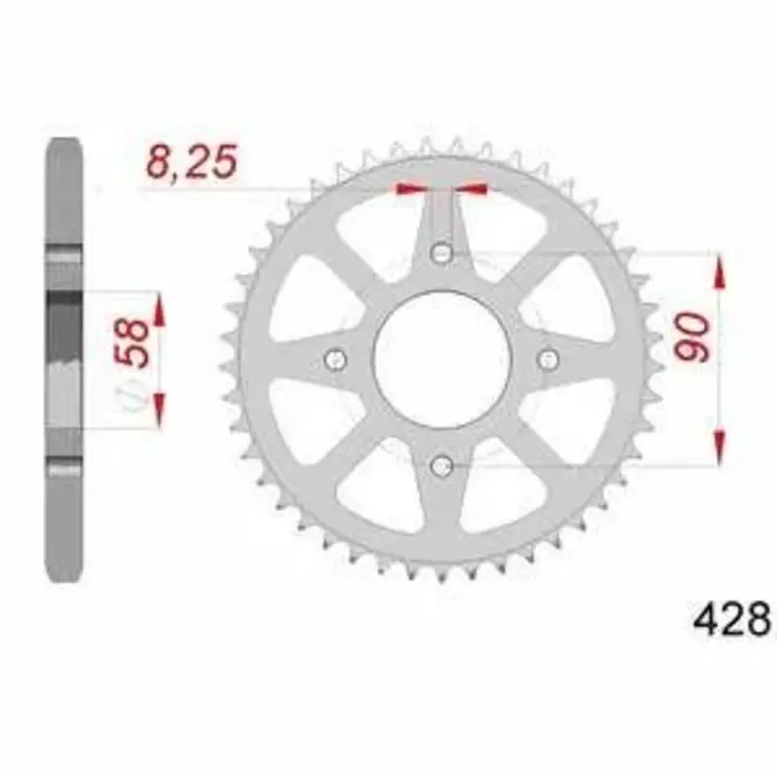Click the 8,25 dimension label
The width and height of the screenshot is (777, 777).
191,162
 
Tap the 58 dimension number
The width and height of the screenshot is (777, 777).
132,343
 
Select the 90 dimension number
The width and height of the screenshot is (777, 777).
692,337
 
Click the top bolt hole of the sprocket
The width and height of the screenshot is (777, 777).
442,253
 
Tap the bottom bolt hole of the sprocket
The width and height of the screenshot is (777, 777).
442,466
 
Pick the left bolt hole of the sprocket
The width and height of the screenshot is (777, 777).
335,359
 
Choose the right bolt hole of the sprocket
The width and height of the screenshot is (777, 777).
548,358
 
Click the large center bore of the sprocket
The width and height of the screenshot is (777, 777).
442,359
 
